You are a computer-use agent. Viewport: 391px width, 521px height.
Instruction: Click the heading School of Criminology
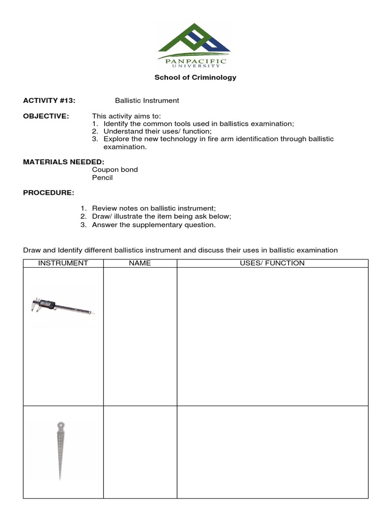(x=195, y=78)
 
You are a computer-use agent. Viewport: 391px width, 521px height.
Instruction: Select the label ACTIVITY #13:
(x=49, y=101)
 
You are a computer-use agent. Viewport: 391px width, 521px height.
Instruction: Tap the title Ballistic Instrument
(x=147, y=101)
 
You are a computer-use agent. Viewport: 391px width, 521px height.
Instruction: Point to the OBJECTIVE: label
(x=46, y=116)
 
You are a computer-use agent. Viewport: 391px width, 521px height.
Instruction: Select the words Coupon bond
(x=115, y=169)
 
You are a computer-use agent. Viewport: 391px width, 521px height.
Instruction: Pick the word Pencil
(x=102, y=178)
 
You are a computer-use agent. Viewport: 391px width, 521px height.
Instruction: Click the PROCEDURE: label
(x=48, y=193)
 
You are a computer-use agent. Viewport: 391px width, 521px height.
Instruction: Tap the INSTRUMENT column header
(x=64, y=263)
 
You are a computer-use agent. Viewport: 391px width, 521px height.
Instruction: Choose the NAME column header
(x=140, y=263)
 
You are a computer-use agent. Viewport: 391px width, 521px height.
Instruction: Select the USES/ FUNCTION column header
(x=272, y=263)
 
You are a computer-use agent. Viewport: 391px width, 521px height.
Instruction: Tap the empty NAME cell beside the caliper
(x=140, y=336)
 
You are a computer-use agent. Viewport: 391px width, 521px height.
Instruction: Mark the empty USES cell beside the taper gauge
(x=272, y=452)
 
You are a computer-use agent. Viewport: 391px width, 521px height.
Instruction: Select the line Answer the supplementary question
(x=154, y=225)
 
